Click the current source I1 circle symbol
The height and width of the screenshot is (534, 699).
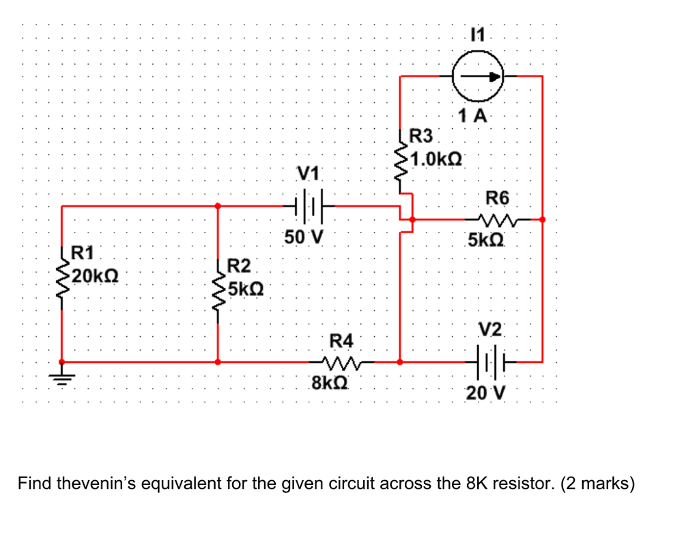[x=479, y=76]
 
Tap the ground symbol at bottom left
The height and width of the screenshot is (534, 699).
[x=62, y=376]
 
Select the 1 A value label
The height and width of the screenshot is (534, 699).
[x=473, y=115]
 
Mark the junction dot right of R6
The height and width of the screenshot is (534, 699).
[x=542, y=220]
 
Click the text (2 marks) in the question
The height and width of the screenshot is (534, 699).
[x=597, y=484]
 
